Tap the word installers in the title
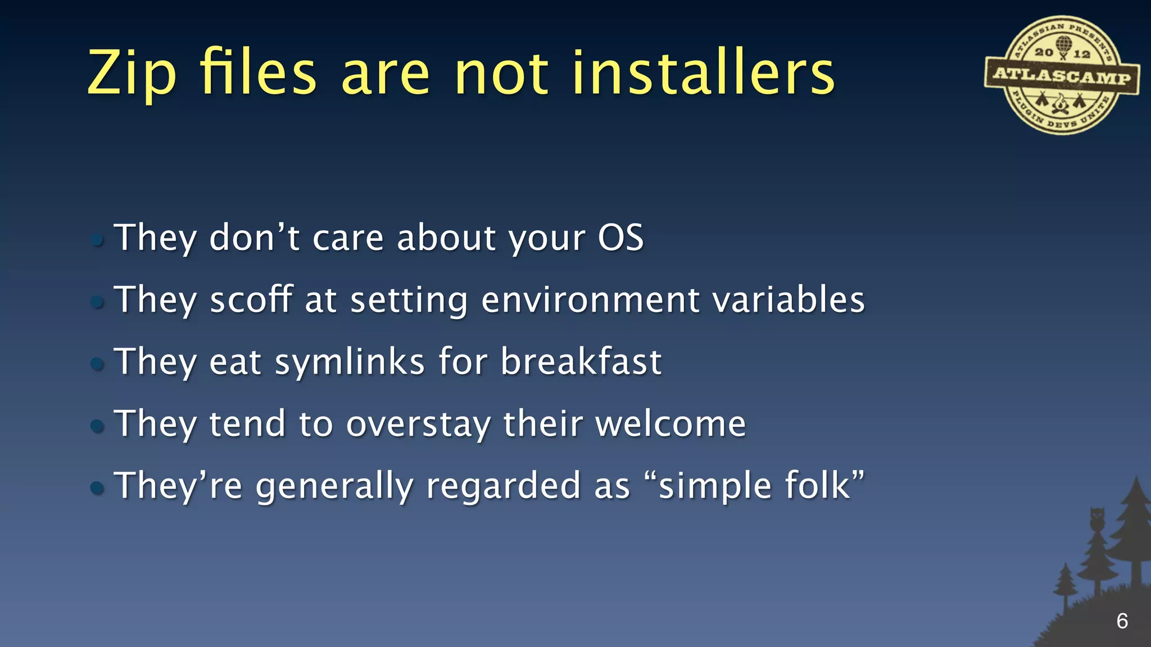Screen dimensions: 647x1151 [x=703, y=73]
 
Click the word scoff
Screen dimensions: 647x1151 [x=251, y=299]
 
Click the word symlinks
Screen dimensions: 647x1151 [x=350, y=362]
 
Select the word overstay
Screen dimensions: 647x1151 [x=418, y=424]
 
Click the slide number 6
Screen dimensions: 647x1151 [x=1122, y=621]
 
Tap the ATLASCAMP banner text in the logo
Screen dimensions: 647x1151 [x=1062, y=75]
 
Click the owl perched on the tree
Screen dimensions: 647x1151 [x=1096, y=520]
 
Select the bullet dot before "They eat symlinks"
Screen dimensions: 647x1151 [x=97, y=364]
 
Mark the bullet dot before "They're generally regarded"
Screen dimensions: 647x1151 [x=97, y=487]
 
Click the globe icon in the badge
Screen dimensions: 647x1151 [x=1063, y=44]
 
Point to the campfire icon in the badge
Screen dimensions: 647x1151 [x=1060, y=103]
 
